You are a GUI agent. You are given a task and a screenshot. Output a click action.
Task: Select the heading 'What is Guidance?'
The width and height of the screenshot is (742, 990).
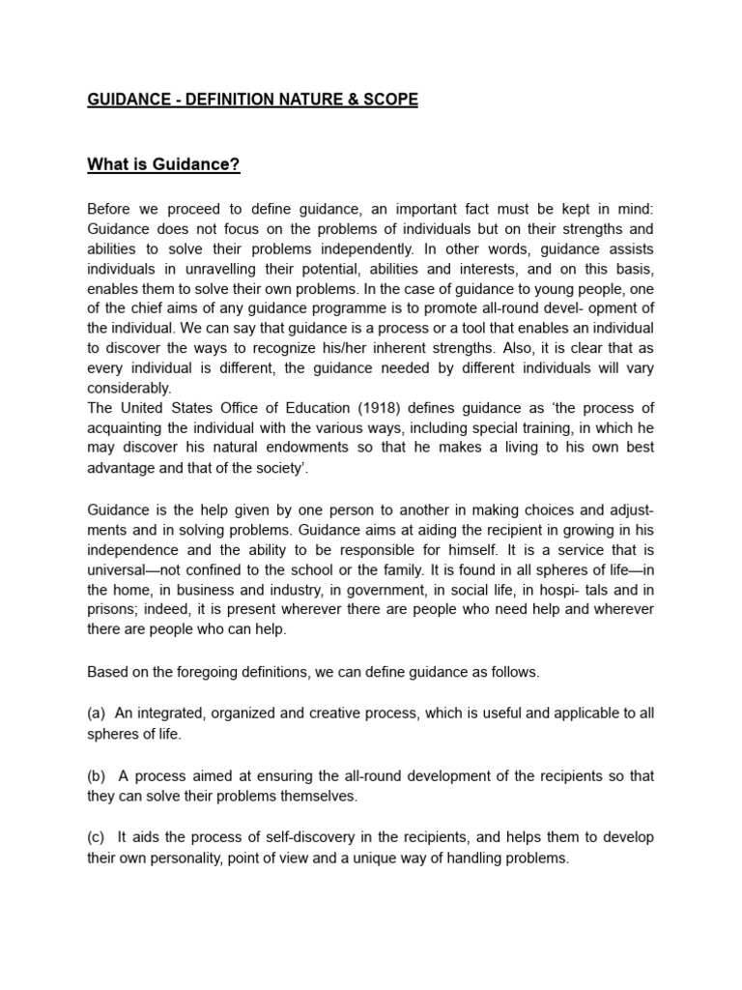pos(163,164)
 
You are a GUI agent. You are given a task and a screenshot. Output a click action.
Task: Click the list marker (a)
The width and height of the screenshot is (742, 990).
pos(97,713)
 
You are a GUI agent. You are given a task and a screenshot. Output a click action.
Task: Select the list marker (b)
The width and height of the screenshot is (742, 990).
pos(97,775)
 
